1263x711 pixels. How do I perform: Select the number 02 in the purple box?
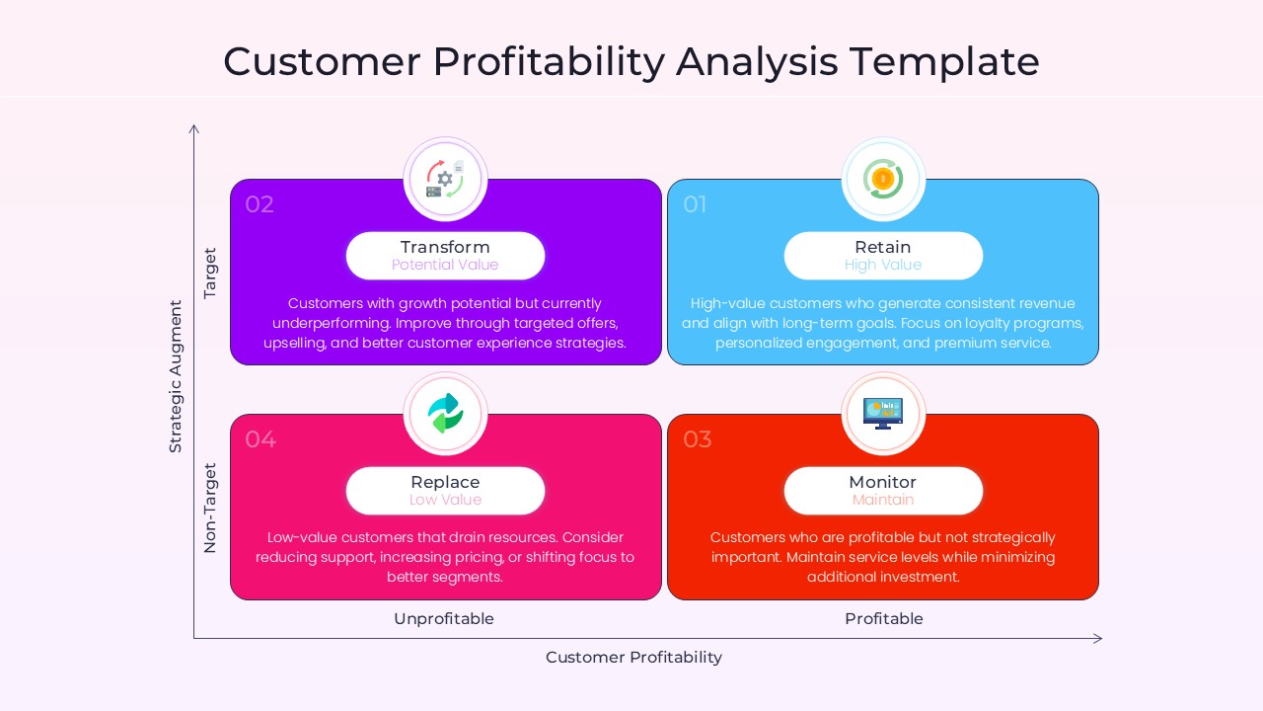(260, 204)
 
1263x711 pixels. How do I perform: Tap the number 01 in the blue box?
(696, 204)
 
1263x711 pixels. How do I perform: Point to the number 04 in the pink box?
(260, 439)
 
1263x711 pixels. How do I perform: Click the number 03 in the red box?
(698, 439)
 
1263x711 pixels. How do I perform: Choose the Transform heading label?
(445, 247)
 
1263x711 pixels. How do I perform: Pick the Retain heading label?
(883, 247)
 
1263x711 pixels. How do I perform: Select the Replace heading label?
(445, 482)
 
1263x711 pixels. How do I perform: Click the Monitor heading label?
(883, 482)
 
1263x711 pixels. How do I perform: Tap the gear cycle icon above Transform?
(445, 179)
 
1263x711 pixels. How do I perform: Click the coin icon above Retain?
(883, 179)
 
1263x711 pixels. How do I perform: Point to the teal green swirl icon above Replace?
(445, 414)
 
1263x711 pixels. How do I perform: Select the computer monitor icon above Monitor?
(883, 413)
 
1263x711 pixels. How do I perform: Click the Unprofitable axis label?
(444, 619)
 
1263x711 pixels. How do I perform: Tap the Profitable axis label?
(884, 619)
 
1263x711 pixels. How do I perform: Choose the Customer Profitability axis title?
(633, 658)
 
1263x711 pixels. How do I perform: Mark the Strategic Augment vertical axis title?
(176, 376)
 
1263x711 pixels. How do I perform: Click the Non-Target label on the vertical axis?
(210, 508)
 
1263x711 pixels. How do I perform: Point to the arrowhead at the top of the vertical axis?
(194, 128)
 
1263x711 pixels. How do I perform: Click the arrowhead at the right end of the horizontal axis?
(1098, 639)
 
